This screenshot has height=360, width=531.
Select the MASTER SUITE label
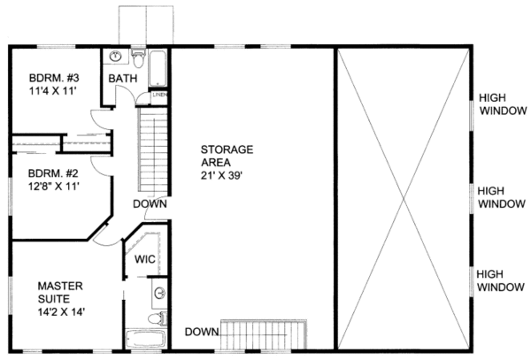(x=60, y=292)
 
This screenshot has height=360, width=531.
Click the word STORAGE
(x=227, y=149)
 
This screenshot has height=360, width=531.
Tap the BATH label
(x=121, y=80)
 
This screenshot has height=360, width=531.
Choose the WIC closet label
(x=145, y=261)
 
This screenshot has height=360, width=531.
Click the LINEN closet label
(x=159, y=93)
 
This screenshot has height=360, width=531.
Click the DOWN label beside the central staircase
(x=150, y=204)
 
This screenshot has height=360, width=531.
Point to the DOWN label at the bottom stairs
(x=202, y=332)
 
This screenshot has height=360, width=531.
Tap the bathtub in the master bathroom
(x=147, y=337)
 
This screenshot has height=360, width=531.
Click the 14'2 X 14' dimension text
(x=61, y=312)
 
